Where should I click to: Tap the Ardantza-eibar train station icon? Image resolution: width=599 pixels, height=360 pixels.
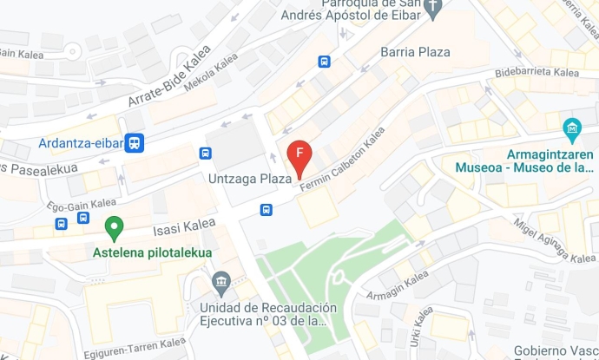(x=134, y=143)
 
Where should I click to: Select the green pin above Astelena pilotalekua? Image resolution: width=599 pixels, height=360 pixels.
(x=113, y=229)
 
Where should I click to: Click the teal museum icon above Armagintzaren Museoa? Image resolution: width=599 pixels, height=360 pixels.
(x=572, y=131)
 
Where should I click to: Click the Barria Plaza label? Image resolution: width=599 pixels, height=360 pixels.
(x=415, y=52)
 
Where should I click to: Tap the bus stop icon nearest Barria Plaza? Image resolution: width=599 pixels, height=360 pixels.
(x=324, y=62)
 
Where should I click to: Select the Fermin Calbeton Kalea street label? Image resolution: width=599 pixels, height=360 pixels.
(x=342, y=160)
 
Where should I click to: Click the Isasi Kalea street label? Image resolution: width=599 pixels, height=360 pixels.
(x=184, y=227)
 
